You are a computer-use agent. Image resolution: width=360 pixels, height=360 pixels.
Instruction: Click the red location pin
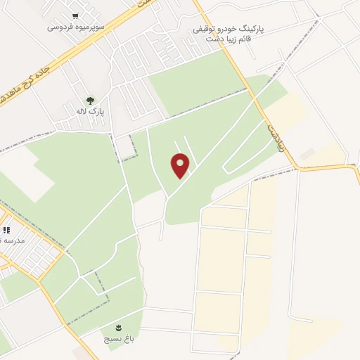pos(181,165)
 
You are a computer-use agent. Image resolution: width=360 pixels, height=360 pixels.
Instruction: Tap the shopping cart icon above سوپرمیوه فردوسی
pos(75,15)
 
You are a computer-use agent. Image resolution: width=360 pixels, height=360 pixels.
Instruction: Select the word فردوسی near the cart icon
pos(60,27)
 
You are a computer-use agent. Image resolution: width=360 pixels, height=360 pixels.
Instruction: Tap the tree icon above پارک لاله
pos(89,101)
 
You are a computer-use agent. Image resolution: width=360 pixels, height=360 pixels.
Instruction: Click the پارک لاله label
pos(90,112)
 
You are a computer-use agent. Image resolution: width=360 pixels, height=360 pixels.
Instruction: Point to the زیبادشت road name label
pos(271,132)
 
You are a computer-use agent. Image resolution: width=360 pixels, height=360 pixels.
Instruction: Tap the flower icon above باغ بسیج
pos(118,327)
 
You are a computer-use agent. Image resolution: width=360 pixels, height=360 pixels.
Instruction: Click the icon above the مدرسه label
pos(6,230)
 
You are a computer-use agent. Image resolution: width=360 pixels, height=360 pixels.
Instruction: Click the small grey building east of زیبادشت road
pos(307,153)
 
